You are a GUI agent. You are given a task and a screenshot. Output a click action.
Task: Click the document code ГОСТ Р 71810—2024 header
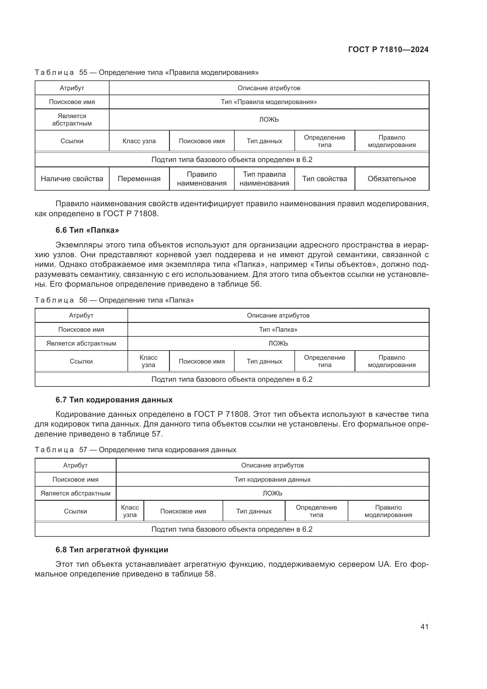pyautogui.click(x=388, y=49)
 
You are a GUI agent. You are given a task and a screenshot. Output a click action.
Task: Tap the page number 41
pyautogui.click(x=424, y=626)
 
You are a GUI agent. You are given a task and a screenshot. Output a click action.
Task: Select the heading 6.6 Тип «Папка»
pyautogui.click(x=87, y=230)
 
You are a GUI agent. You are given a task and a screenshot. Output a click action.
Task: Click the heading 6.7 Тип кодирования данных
pyautogui.click(x=114, y=400)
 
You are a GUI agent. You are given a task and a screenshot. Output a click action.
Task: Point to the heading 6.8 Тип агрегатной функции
pyautogui.click(x=112, y=549)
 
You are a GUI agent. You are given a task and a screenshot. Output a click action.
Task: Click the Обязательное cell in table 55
pyautogui.click(x=392, y=179)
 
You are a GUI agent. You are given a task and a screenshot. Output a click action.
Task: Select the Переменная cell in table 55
pyautogui.click(x=139, y=179)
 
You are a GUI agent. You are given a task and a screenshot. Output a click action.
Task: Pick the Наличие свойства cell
pyautogui.click(x=72, y=179)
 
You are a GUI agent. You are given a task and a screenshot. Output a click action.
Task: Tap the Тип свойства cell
pyautogui.click(x=324, y=179)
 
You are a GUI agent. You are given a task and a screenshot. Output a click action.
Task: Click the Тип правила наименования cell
pyautogui.click(x=264, y=179)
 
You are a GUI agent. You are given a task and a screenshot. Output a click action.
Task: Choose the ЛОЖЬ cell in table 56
pyautogui.click(x=278, y=343)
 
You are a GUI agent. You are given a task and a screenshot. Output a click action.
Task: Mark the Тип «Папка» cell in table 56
pyautogui.click(x=278, y=330)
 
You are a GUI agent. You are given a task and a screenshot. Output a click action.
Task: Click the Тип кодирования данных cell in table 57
pyautogui.click(x=272, y=479)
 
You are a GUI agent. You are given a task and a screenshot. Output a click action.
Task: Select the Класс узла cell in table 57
pyautogui.click(x=130, y=511)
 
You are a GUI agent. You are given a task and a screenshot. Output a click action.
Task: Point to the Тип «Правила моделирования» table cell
pyautogui.click(x=269, y=102)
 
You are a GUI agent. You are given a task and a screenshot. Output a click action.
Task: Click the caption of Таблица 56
pyautogui.click(x=114, y=300)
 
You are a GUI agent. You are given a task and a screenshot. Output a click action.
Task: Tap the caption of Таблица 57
pyautogui.click(x=135, y=450)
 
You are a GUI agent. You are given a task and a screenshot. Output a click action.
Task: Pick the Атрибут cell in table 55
pyautogui.click(x=72, y=88)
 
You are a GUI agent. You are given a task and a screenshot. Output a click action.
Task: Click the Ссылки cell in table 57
pyautogui.click(x=75, y=511)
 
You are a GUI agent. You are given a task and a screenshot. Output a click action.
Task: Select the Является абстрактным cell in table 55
pyautogui.click(x=72, y=119)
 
